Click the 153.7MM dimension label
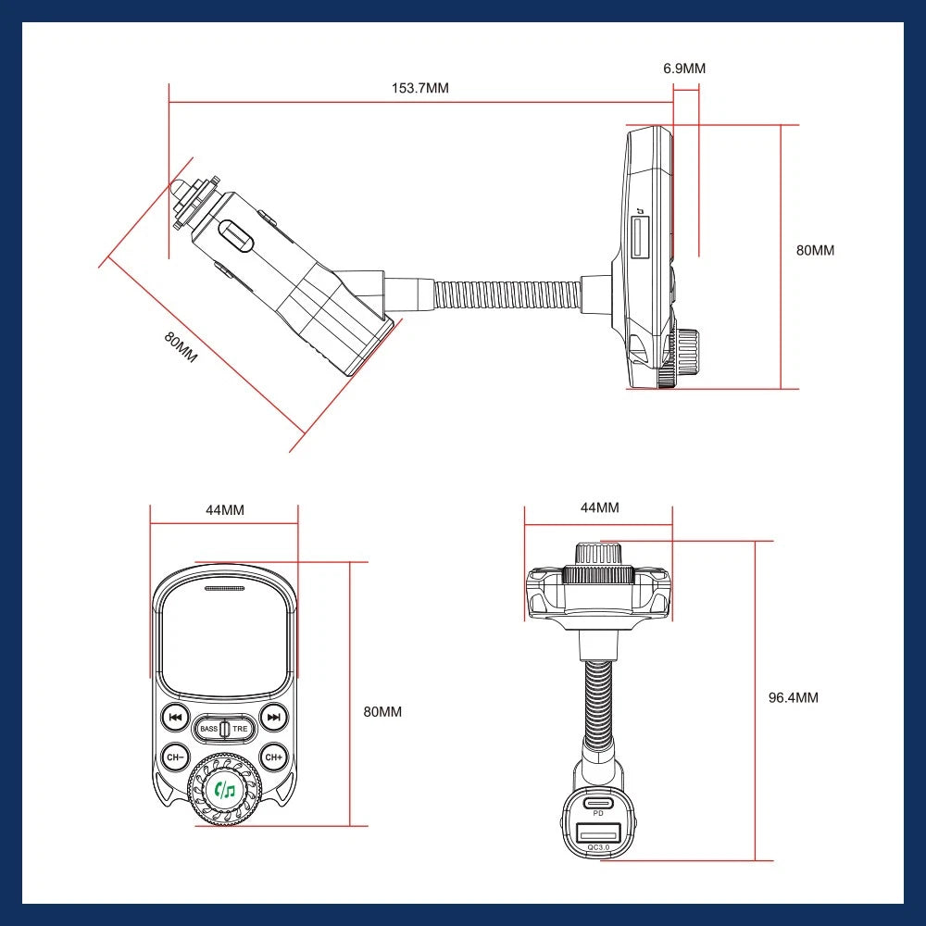[x=419, y=88]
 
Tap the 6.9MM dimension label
[x=684, y=69]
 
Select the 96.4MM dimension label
[x=794, y=697]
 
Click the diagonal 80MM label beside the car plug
[x=181, y=348]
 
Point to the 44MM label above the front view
[x=224, y=509]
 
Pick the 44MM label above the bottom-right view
[x=599, y=507]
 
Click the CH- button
[x=175, y=757]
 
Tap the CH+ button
[x=273, y=757]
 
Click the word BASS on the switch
[x=208, y=730]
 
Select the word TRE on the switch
[x=240, y=730]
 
